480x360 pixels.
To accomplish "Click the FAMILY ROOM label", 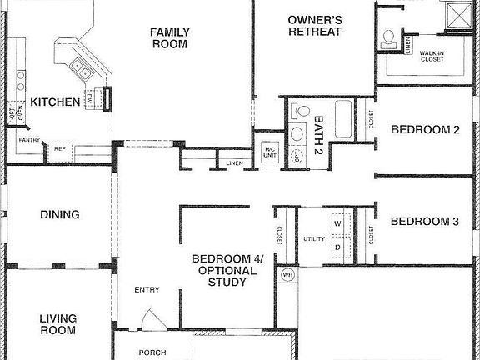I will [170, 38].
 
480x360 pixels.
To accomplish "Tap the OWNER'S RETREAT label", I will [314, 25].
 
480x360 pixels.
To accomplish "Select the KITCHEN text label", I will [56, 102].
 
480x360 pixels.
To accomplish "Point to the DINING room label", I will [60, 215].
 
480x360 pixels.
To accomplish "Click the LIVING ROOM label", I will [58, 324].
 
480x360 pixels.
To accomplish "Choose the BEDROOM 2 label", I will [425, 129].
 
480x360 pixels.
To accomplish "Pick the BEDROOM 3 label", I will [425, 222].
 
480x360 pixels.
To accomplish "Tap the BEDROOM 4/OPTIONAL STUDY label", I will [227, 271].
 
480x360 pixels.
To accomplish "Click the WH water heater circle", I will [287, 274].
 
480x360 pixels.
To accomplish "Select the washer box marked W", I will [337, 224].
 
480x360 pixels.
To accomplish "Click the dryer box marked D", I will [337, 247].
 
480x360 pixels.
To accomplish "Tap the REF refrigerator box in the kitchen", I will [60, 149].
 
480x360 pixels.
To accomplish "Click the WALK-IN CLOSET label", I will [431, 57].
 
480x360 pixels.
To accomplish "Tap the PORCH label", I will [152, 352].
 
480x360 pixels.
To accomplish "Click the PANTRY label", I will [30, 140].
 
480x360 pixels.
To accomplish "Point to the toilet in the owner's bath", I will [388, 37].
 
